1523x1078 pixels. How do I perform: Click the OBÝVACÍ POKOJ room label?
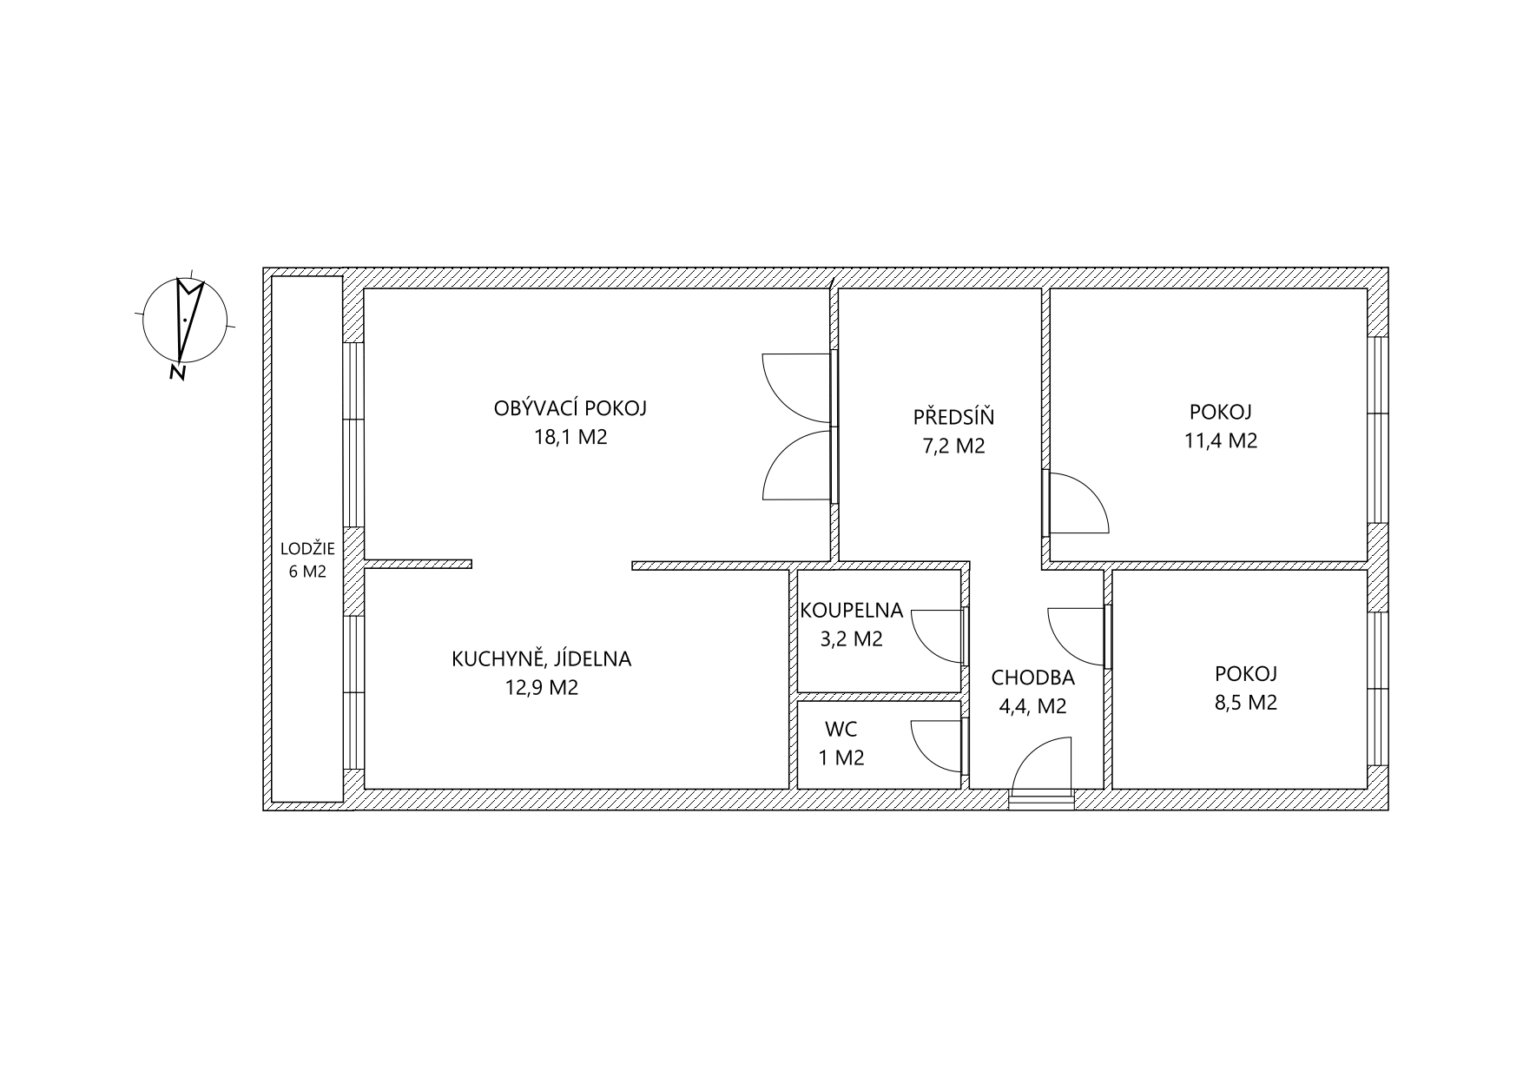(x=570, y=408)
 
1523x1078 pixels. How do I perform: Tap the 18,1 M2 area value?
(x=570, y=437)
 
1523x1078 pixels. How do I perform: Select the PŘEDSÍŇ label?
(x=953, y=417)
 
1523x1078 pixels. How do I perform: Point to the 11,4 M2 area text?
(x=1220, y=440)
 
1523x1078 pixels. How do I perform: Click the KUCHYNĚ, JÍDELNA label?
(x=541, y=659)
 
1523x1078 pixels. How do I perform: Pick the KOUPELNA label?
(x=851, y=611)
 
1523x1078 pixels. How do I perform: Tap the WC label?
(x=841, y=729)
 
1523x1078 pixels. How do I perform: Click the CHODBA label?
(x=1032, y=678)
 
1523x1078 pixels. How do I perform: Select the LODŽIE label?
(x=307, y=549)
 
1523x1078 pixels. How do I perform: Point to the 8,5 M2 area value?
(x=1245, y=703)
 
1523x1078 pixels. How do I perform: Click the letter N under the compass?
(x=178, y=373)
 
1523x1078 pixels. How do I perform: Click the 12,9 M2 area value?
(x=541, y=688)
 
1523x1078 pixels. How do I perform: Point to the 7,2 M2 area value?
(x=953, y=446)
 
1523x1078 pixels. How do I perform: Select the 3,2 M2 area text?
(x=851, y=639)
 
